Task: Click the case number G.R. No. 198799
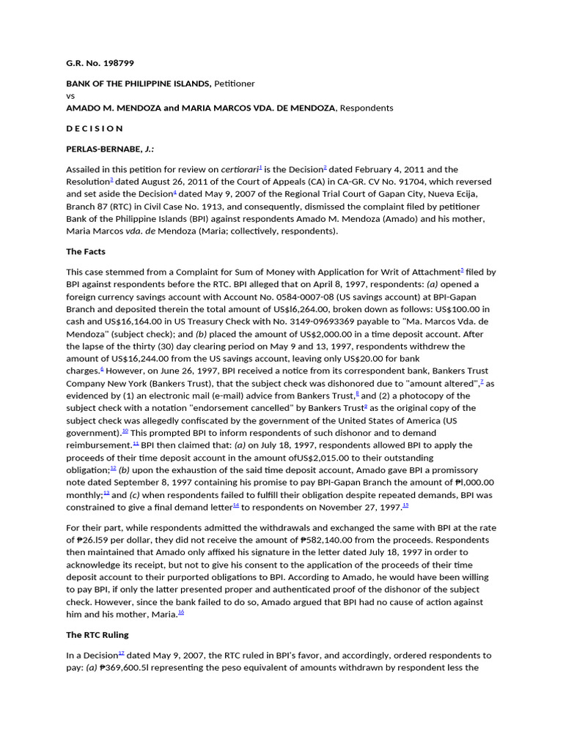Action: point(100,64)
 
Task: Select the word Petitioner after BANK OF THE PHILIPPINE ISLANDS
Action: point(234,83)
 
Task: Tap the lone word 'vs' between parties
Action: point(71,96)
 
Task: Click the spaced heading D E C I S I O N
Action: point(95,128)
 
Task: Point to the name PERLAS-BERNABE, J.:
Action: point(110,149)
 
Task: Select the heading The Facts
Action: point(86,251)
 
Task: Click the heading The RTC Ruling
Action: point(97,634)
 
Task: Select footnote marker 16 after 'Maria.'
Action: point(181,613)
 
